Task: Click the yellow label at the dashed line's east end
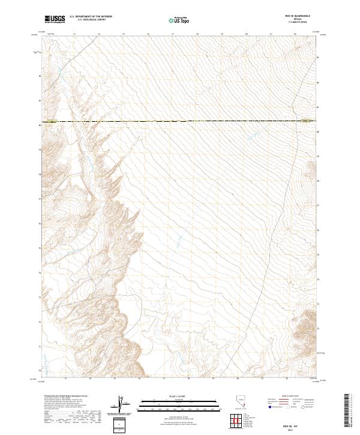[x=307, y=121]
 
